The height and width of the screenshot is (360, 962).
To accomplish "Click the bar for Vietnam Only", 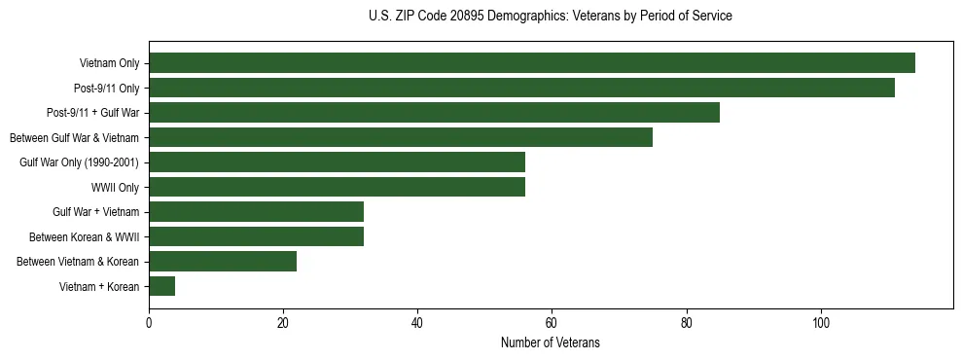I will [x=532, y=63].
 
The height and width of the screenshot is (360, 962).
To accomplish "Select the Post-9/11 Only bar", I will [x=521, y=89].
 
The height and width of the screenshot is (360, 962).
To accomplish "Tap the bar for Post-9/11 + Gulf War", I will [x=434, y=113].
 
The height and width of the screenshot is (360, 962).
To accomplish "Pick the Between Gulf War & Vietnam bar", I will [x=401, y=137].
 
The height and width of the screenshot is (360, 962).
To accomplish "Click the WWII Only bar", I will [x=337, y=187].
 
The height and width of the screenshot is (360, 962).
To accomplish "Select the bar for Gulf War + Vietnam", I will [x=256, y=212].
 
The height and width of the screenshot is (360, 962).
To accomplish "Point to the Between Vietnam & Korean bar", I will [x=223, y=262].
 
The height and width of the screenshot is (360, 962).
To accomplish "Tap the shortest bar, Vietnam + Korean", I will [x=162, y=286].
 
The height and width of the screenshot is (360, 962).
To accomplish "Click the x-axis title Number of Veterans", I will [x=551, y=343].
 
